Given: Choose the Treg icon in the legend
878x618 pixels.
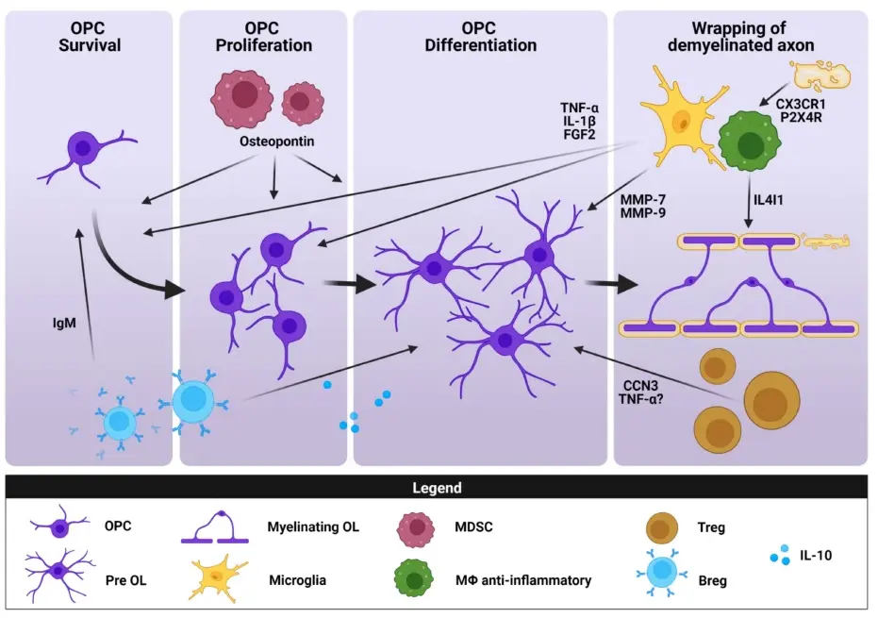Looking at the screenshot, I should (x=665, y=527).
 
